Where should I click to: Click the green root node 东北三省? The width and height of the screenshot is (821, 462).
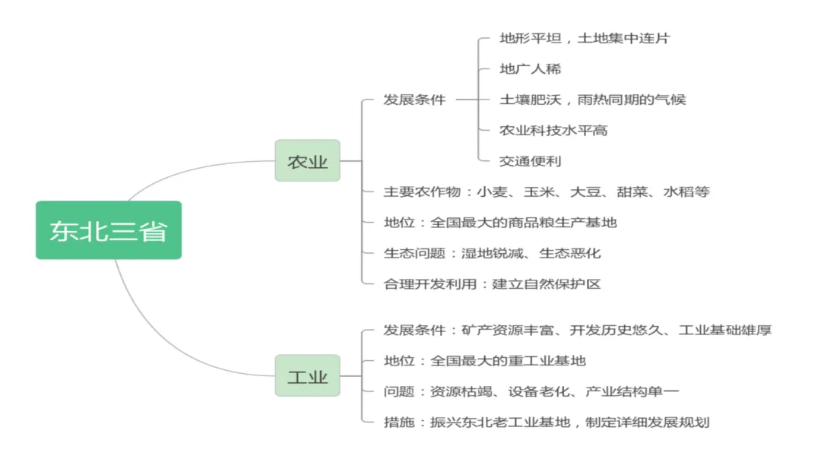[x=109, y=230]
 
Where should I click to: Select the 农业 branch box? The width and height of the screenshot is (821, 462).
[x=307, y=161]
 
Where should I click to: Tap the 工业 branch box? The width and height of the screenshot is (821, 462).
[x=307, y=376]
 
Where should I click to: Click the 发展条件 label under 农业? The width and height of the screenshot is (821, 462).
[x=414, y=100]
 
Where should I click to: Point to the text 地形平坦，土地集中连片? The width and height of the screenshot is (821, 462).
[x=584, y=38]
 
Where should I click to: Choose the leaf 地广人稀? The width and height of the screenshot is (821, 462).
[x=530, y=69]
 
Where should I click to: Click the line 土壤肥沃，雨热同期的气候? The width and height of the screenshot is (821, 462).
[x=592, y=100]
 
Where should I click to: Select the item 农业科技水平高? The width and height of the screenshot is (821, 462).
[x=553, y=131]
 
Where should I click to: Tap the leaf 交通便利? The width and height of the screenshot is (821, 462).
[x=530, y=161]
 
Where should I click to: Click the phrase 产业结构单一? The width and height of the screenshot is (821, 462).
[x=632, y=391]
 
